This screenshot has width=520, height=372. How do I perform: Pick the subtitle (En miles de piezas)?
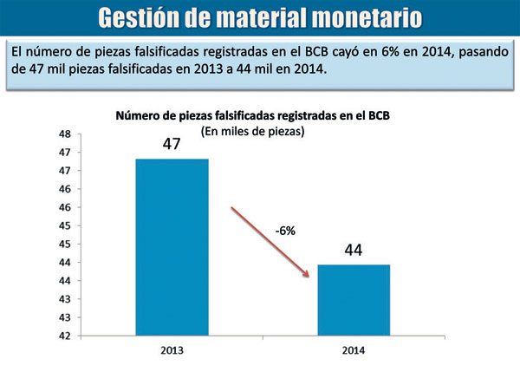254,132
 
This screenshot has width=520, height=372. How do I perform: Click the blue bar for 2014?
353,300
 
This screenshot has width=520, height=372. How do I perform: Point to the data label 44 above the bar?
353,251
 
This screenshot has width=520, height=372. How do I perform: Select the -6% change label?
287,232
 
